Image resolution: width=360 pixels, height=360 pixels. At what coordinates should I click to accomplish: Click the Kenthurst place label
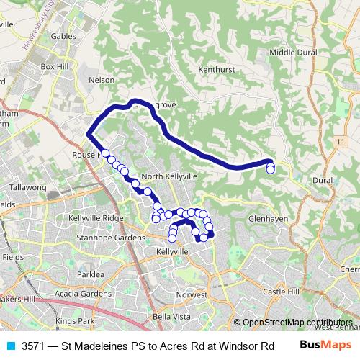(x=213, y=69)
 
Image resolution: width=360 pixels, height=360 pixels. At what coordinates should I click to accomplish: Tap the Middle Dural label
(x=292, y=52)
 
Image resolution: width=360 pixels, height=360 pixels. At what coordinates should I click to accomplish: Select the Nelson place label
(x=100, y=80)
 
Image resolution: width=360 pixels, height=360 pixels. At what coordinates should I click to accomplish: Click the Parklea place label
(x=91, y=274)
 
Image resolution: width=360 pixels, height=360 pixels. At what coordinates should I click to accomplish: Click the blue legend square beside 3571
(x=10, y=345)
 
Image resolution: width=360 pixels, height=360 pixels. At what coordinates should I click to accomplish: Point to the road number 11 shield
(x=339, y=143)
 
